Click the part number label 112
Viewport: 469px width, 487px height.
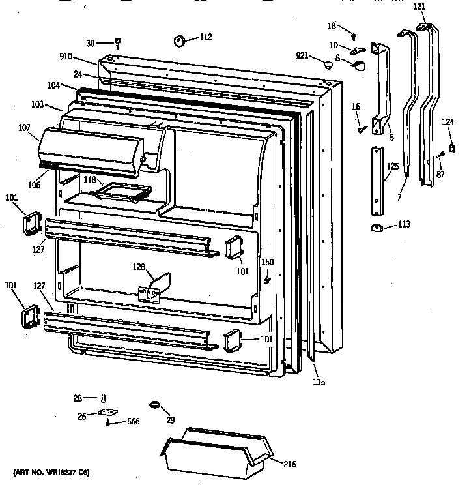(x=205, y=37)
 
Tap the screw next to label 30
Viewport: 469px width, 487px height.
(x=118, y=44)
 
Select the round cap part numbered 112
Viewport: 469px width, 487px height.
(x=180, y=41)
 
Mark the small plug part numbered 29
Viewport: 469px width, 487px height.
(x=155, y=406)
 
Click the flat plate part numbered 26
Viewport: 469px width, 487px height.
(x=107, y=412)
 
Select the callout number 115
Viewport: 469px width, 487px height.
(x=318, y=382)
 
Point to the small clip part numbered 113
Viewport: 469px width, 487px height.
(x=377, y=227)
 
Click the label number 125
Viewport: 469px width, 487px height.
(x=392, y=167)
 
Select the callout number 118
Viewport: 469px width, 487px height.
(x=89, y=179)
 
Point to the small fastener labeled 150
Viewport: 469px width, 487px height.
(x=267, y=280)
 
